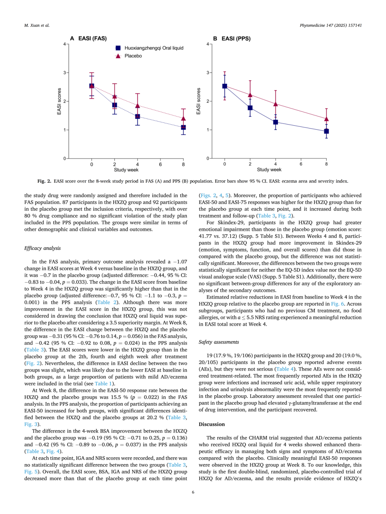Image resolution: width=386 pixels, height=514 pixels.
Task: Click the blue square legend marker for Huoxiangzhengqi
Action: [118, 48]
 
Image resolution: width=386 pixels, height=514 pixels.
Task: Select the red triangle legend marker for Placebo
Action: [118, 56]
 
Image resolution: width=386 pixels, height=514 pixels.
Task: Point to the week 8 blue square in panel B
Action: [326, 131]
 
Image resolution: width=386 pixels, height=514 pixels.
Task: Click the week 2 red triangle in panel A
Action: [115, 96]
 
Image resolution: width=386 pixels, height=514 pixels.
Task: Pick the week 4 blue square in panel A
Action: [138, 116]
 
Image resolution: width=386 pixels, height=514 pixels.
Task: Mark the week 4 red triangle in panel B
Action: [276, 104]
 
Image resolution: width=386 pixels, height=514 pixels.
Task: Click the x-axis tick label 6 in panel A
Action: [160, 165]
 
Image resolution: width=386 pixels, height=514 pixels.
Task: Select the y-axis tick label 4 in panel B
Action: [208, 44]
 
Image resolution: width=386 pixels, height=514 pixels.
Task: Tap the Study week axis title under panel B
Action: [269, 170]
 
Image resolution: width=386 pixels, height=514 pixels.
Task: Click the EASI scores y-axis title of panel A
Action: [59, 101]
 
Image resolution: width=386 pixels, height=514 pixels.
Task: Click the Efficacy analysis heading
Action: [43, 248]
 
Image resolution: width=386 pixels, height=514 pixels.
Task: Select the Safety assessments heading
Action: [219, 342]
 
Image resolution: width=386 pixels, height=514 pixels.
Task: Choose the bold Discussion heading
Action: [212, 424]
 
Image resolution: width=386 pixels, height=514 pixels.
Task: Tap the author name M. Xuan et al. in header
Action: [37, 25]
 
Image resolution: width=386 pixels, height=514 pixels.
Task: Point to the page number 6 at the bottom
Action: [193, 492]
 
